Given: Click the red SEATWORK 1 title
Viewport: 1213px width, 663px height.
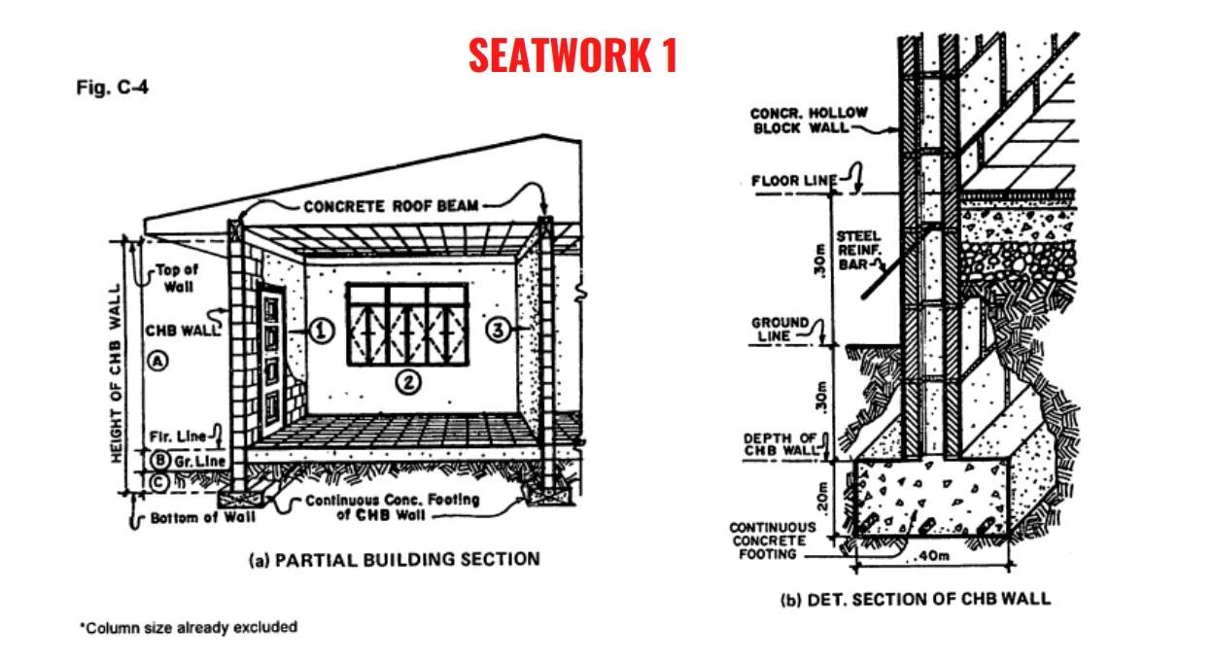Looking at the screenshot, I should pyautogui.click(x=572, y=55).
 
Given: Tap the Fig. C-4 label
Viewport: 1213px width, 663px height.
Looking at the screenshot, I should pyautogui.click(x=112, y=88).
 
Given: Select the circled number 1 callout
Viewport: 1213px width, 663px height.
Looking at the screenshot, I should pyautogui.click(x=322, y=331).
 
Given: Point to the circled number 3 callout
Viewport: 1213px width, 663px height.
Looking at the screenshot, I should pyautogui.click(x=497, y=331).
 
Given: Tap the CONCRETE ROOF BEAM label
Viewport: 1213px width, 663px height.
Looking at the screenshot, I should pyautogui.click(x=392, y=206).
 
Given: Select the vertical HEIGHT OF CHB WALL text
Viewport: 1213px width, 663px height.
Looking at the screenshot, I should pyautogui.click(x=116, y=373).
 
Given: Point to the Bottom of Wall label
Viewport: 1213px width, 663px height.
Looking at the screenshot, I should pyautogui.click(x=202, y=517).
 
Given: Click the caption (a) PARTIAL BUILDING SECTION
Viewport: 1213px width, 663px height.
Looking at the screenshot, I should pyautogui.click(x=394, y=559).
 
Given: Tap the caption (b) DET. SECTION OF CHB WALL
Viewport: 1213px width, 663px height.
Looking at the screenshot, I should pyautogui.click(x=915, y=598).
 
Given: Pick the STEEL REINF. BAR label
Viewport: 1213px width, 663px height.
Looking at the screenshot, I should pyautogui.click(x=858, y=250).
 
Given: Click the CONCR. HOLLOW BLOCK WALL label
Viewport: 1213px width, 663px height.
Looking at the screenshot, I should pyautogui.click(x=809, y=121).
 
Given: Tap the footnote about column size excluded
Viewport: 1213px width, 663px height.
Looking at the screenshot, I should pyautogui.click(x=188, y=627).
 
